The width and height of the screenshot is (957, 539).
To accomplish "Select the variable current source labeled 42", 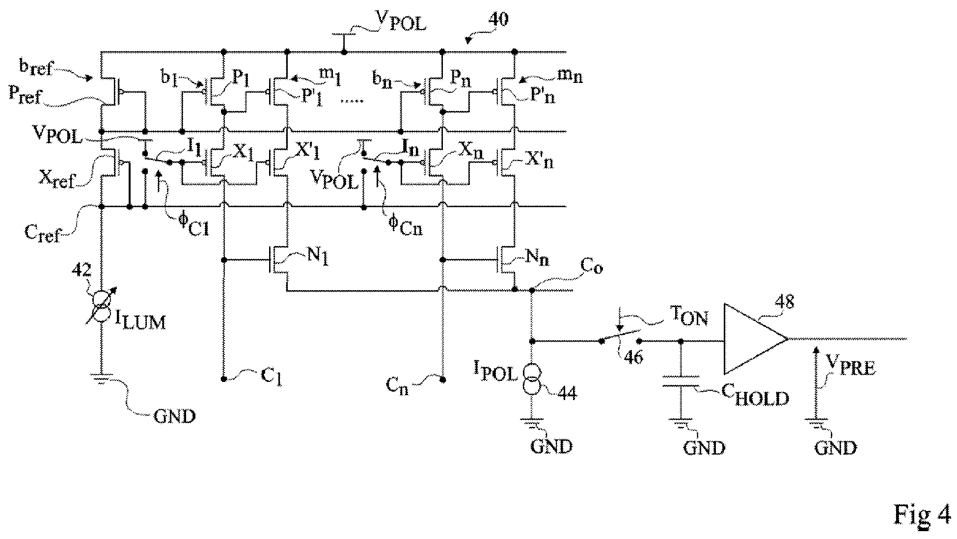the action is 102,305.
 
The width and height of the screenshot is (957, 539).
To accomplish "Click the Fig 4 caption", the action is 921,514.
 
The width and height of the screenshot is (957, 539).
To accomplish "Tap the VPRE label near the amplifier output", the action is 850,366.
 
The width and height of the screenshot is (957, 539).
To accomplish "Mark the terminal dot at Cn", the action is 442,379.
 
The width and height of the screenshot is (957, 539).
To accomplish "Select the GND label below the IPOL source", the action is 551,446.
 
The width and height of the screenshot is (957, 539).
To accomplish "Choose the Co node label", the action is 591,268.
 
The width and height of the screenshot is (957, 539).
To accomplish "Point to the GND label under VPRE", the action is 835,447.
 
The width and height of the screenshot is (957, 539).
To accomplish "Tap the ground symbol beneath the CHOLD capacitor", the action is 681,422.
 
